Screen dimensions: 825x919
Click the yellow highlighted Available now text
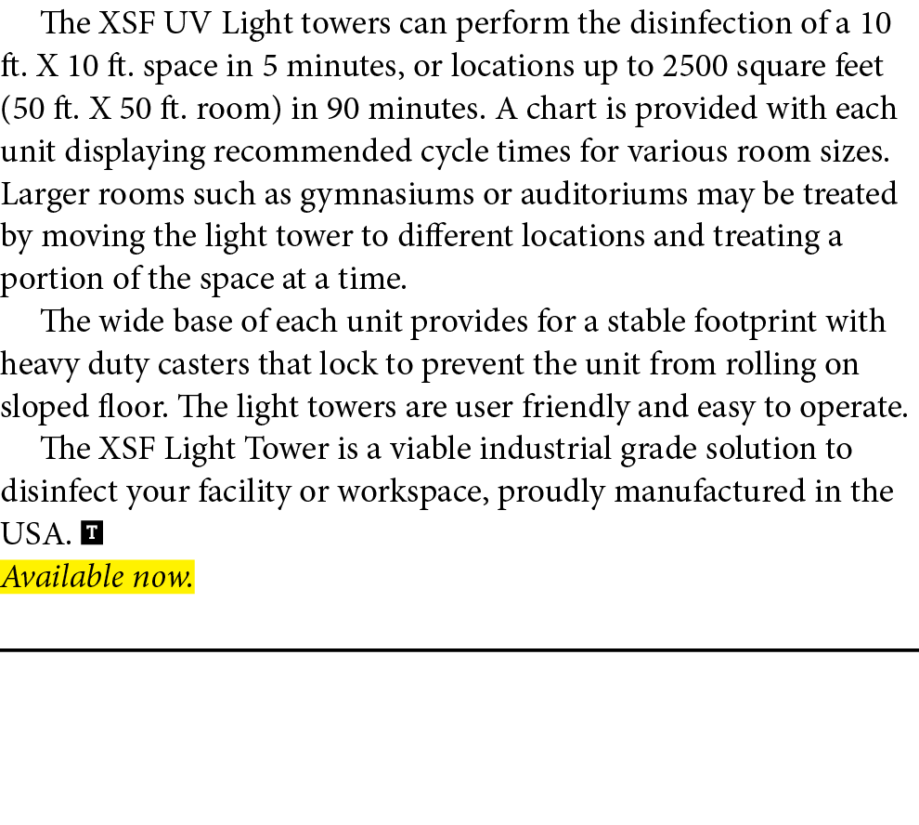97,577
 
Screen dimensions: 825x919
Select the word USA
35,534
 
